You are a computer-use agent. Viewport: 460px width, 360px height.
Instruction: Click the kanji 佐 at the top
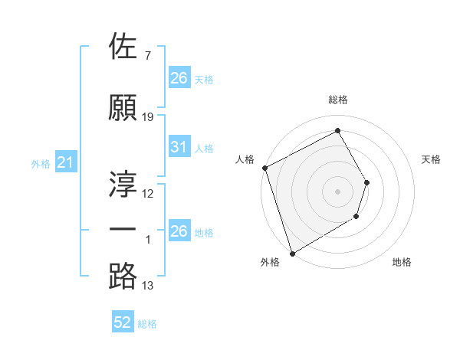123,47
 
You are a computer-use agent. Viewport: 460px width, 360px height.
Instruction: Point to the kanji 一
123,230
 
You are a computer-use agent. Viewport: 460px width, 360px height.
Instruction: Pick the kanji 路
123,276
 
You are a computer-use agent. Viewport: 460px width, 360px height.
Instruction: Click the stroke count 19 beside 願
148,117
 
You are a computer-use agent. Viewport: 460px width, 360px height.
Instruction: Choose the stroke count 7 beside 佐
147,56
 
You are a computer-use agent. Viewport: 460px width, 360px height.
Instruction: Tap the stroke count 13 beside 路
148,286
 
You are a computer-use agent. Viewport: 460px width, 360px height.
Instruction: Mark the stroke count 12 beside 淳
148,194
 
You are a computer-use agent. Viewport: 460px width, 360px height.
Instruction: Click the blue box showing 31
179,147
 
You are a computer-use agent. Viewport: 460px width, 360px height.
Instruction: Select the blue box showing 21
65,162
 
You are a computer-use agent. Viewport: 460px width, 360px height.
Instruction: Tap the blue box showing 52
123,323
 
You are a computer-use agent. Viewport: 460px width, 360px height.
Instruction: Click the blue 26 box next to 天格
179,77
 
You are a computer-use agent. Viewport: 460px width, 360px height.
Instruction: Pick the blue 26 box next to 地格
179,231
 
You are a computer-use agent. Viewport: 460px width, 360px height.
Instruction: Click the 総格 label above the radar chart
337,100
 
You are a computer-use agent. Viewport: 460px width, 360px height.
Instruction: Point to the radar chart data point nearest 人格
264,168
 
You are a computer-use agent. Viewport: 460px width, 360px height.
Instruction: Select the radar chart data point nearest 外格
291,252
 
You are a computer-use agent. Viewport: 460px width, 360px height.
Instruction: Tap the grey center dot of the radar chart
337,191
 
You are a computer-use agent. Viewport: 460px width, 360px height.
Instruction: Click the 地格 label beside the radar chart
402,263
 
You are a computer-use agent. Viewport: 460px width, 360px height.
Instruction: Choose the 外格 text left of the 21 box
40,163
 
